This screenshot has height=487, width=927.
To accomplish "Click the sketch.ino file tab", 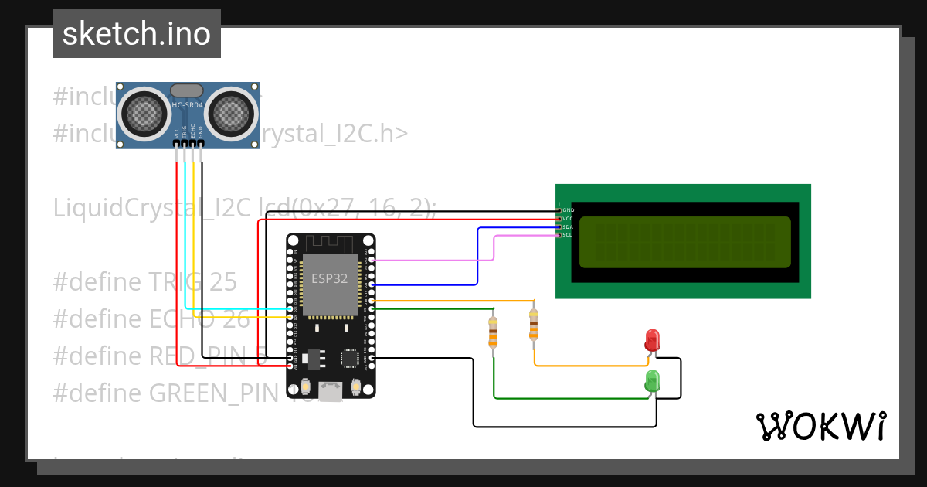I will coord(137,34).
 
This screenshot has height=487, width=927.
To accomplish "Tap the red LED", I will coord(652,339).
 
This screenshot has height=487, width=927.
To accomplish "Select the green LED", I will coord(652,380).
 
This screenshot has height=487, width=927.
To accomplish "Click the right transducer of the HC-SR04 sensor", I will coord(231,113).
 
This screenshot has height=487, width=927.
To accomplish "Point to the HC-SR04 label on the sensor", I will coord(188,104).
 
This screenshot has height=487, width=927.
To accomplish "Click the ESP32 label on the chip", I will coord(330,278).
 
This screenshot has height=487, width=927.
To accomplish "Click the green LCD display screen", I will coord(684,242).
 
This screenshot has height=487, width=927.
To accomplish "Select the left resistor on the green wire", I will coord(493,332).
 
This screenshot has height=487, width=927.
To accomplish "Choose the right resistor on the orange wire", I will coord(533,325).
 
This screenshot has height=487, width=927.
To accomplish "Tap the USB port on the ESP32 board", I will coord(331,392).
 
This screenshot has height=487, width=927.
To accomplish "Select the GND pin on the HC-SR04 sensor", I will coord(201,143).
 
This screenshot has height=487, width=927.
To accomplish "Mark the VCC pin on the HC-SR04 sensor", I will coord(177,143).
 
